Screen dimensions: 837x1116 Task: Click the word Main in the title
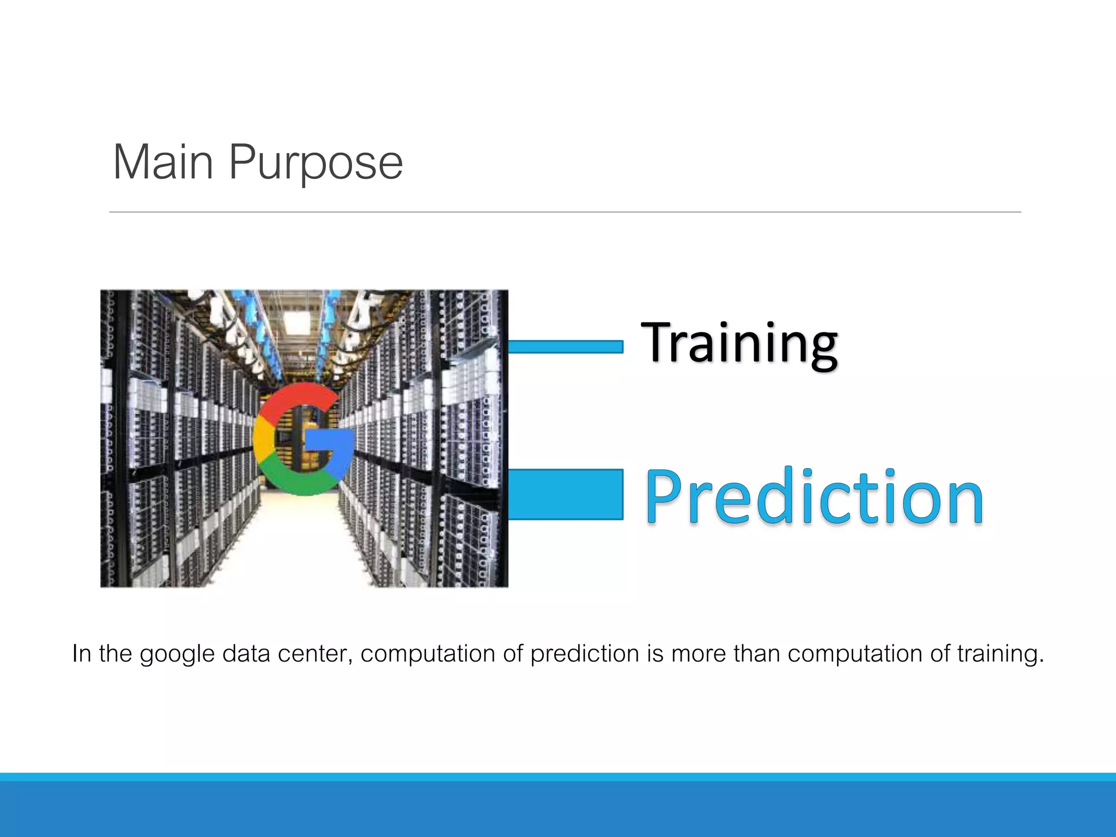point(162,162)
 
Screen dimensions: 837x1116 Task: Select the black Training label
point(739,343)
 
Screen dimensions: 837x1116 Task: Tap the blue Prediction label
point(815,497)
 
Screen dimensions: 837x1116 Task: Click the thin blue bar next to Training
point(565,347)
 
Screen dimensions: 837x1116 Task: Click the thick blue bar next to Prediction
point(565,494)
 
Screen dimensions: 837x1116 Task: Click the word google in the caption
point(177,654)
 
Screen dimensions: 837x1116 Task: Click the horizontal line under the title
point(565,212)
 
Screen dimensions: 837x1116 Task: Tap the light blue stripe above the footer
point(558,777)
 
